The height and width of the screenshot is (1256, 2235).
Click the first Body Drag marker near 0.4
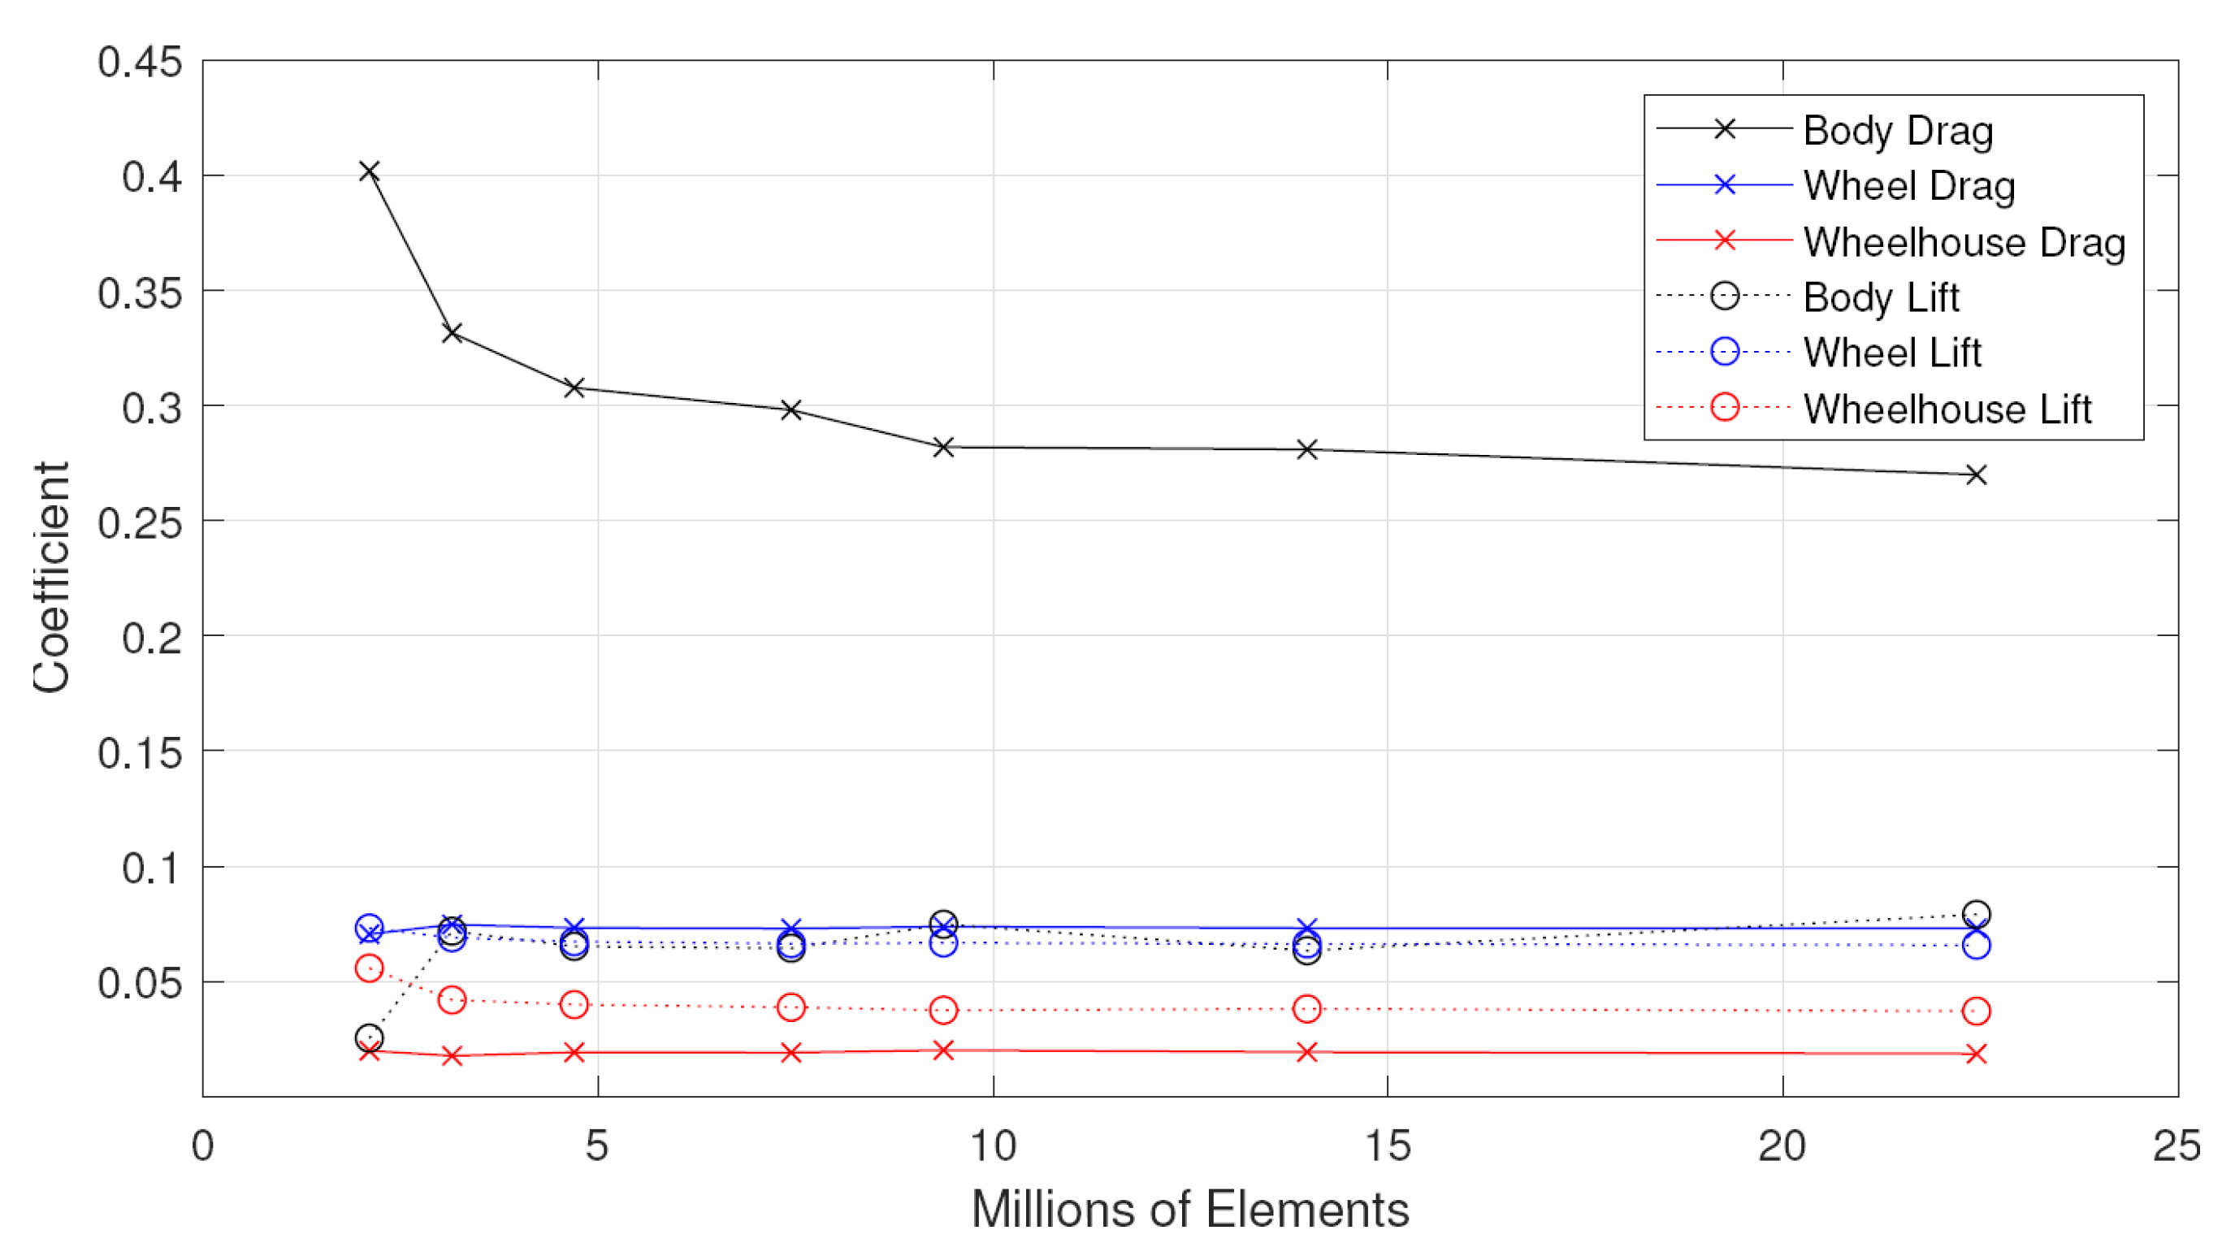[369, 171]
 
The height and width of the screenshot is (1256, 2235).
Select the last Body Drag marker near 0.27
[1977, 474]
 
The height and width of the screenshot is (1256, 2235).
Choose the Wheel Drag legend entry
[1908, 185]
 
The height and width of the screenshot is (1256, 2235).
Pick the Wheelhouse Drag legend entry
[1964, 242]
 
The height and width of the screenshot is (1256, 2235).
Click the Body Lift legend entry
[1880, 297]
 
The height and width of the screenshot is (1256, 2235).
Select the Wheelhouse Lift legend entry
[1947, 409]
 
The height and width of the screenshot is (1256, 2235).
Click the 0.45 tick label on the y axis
[140, 63]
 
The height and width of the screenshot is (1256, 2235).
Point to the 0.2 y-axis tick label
[152, 638]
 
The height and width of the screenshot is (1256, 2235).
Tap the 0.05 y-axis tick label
[140, 983]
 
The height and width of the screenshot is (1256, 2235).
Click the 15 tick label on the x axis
[1388, 1146]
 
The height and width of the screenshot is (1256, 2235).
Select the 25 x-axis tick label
[2177, 1146]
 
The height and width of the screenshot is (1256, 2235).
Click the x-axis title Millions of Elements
[1189, 1209]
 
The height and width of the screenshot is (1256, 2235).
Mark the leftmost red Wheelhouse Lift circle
[369, 968]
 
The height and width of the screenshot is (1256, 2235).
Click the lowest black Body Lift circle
[369, 1037]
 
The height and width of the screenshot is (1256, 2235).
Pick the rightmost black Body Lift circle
[1977, 914]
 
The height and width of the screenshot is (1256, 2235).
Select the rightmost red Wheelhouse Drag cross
[1977, 1054]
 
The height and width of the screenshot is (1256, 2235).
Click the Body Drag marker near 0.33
[451, 332]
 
